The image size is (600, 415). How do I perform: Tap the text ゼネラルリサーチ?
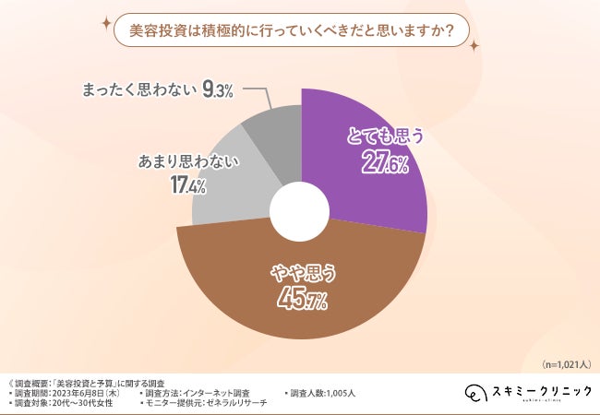(239, 403)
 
